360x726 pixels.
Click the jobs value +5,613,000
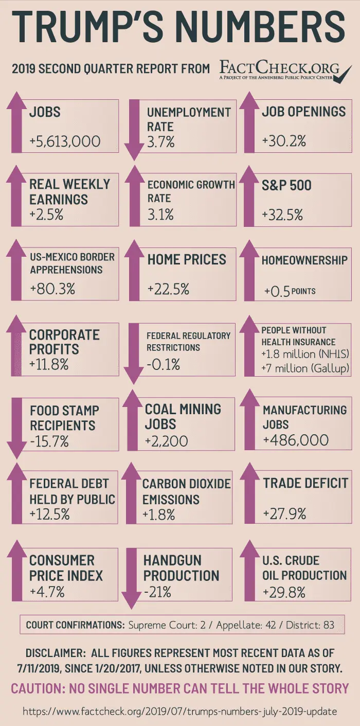click(65, 141)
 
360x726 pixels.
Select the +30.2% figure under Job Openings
click(284, 140)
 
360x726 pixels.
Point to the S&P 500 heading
click(286, 185)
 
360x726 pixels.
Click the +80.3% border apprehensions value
click(52, 289)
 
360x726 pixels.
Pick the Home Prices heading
click(187, 259)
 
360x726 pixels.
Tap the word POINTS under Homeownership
click(303, 291)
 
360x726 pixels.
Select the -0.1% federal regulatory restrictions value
click(163, 365)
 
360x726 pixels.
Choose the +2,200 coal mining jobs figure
click(166, 441)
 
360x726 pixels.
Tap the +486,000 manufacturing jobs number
click(296, 440)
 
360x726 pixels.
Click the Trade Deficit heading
click(305, 483)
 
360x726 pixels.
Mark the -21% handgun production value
click(157, 592)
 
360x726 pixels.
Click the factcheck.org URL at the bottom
click(180, 712)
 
